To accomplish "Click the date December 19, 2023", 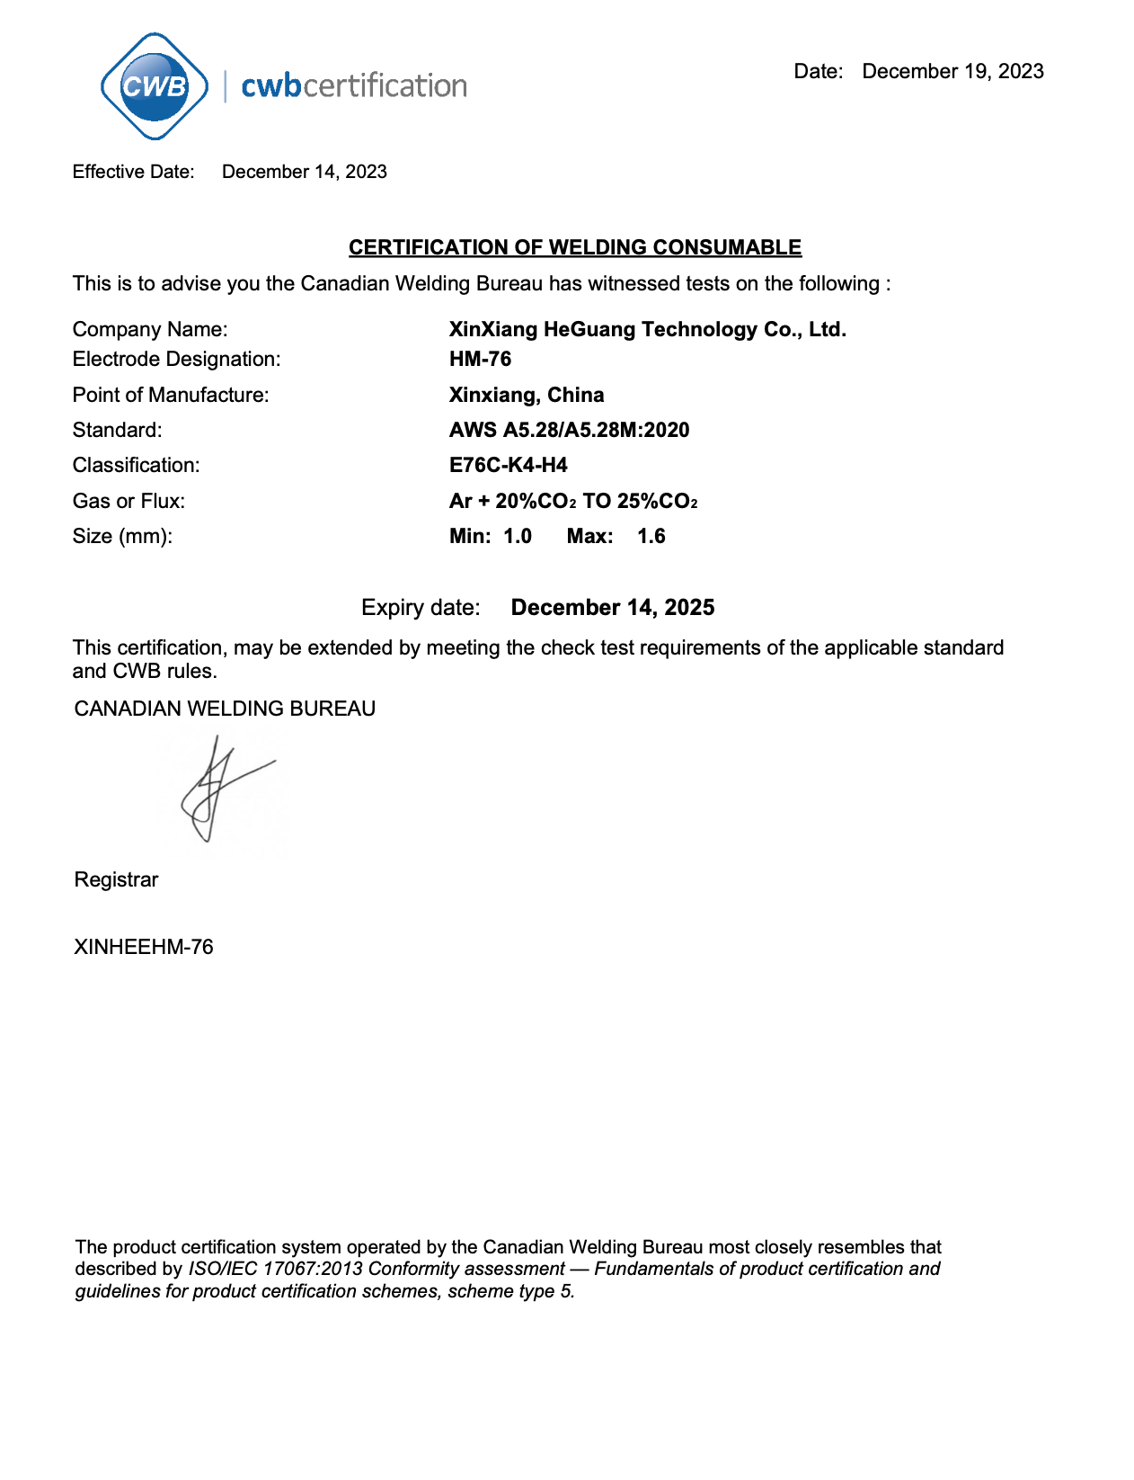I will tap(952, 72).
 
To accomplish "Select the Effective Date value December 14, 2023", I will tap(304, 172).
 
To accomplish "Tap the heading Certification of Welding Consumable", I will tap(574, 247).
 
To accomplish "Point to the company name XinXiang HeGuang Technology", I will tap(647, 329).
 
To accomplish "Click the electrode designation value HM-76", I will tap(480, 359).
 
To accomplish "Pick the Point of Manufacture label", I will tap(171, 395).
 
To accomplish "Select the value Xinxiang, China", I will tap(527, 395).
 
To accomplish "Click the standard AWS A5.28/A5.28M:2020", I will tap(569, 430).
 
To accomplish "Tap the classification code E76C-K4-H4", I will tap(509, 465).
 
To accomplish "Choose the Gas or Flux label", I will tap(128, 501).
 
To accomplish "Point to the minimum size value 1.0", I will tap(518, 536).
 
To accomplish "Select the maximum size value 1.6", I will tap(651, 536).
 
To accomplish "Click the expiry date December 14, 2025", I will tap(613, 607).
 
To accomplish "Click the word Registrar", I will tap(116, 879).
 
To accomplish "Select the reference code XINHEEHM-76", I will tap(144, 947).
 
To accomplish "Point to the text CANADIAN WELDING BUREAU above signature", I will tap(225, 709).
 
